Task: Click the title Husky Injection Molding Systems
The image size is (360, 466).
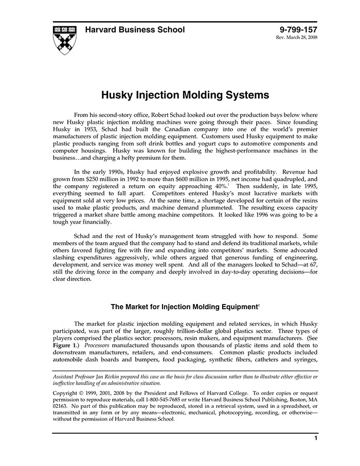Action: tap(185, 95)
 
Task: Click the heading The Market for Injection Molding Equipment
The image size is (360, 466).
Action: tap(184, 307)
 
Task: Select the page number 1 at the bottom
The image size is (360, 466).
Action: tap(315, 438)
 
